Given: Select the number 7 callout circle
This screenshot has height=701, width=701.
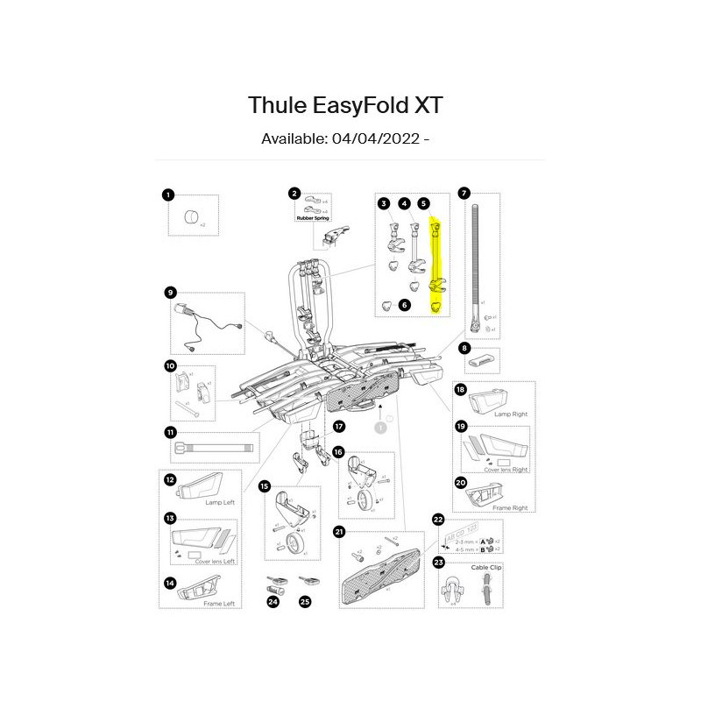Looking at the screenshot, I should pos(464,192).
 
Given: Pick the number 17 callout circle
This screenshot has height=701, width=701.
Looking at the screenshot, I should pos(339,427).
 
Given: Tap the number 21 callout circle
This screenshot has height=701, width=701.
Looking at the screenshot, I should pos(339,531).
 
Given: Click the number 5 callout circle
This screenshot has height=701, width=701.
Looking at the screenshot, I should pos(424,203).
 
